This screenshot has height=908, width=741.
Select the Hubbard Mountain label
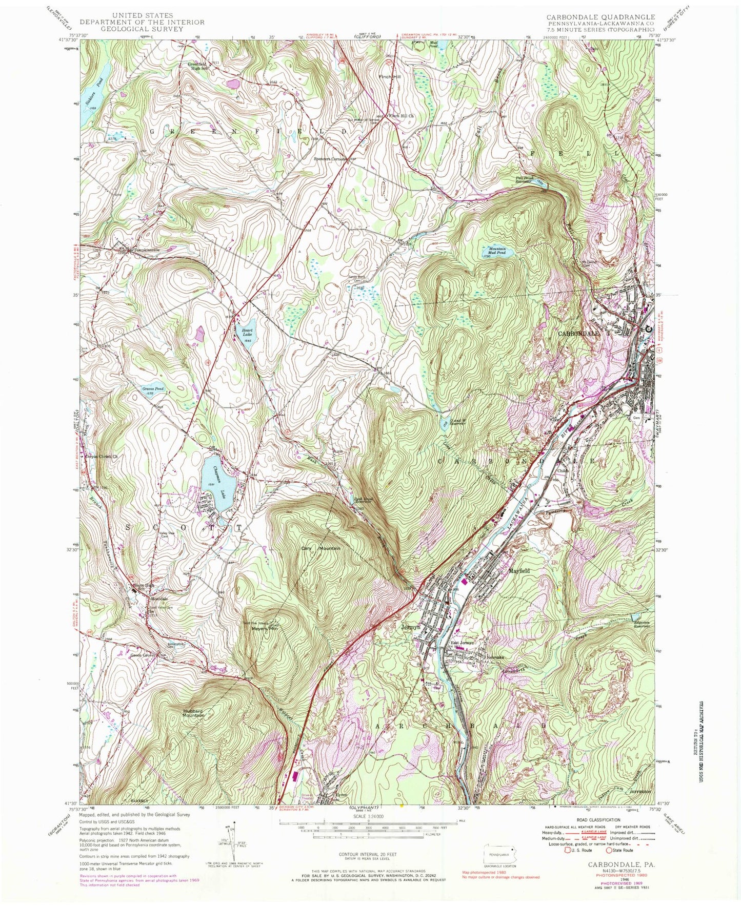194,713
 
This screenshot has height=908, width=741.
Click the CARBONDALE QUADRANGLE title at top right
593,17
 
